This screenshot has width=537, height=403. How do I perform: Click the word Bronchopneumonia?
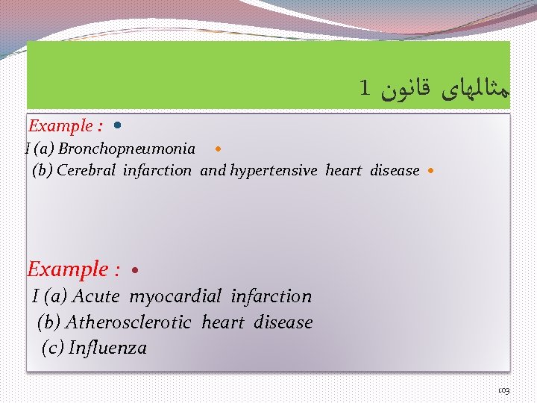click(x=127, y=149)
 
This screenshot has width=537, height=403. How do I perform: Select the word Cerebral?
click(x=87, y=170)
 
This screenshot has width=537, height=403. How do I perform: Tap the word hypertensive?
click(x=275, y=170)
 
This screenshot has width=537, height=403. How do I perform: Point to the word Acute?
click(x=95, y=296)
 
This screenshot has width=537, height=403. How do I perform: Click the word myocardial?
click(x=175, y=296)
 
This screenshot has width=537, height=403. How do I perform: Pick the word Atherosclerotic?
click(x=129, y=322)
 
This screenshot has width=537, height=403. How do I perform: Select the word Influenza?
click(x=107, y=348)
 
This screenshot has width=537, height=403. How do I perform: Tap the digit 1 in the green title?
click(x=364, y=89)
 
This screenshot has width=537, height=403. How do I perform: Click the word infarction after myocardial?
click(x=271, y=296)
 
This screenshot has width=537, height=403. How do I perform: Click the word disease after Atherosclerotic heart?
click(x=283, y=322)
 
